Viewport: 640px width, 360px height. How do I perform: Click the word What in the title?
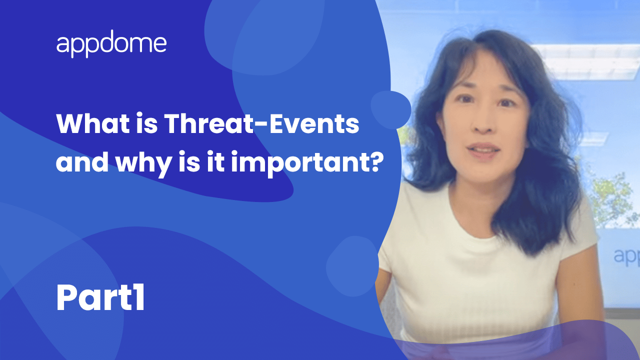(x=93, y=123)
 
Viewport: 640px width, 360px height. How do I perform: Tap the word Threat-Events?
(x=261, y=123)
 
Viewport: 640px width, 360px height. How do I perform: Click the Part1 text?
(x=100, y=297)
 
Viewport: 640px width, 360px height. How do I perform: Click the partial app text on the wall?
(x=626, y=257)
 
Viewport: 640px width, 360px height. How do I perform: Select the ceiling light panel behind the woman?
(x=585, y=60)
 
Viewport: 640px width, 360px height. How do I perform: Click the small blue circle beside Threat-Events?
(x=391, y=109)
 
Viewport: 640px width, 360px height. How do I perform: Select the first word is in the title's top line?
(x=147, y=123)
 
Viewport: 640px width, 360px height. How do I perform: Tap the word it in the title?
(x=215, y=161)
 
